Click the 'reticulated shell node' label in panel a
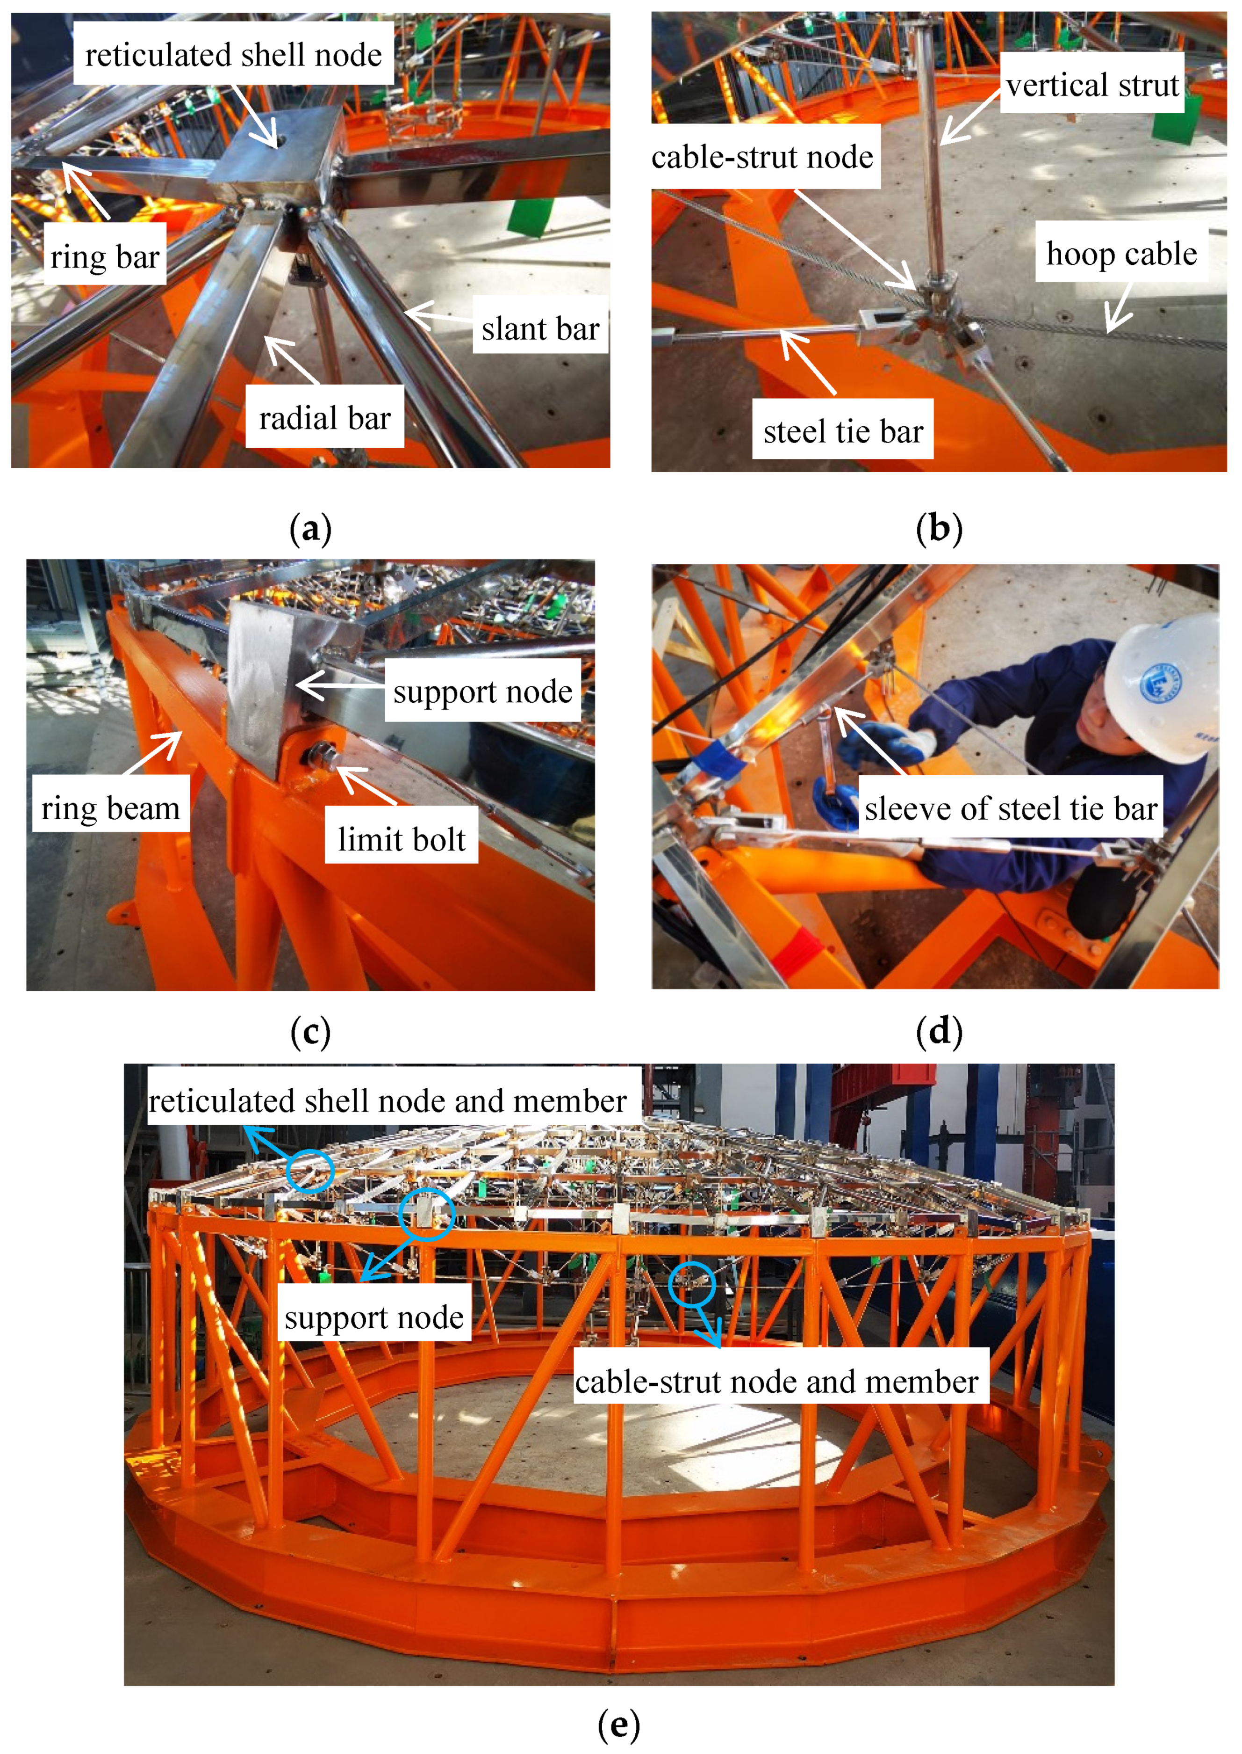coord(233,55)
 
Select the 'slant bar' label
coord(540,328)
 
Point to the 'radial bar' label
coord(324,418)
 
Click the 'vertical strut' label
coord(1092,85)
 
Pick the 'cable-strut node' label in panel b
coord(762,157)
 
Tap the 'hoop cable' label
coord(1121,253)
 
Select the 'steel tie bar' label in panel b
coord(843,432)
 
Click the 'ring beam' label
coord(110,808)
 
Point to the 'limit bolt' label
coord(402,839)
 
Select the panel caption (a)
coord(310,529)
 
